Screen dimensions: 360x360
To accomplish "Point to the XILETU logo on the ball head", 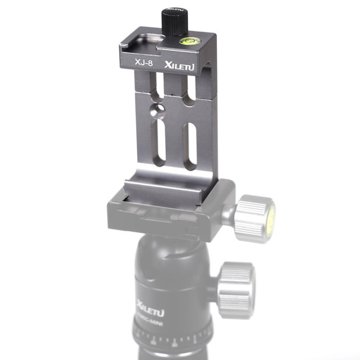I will (x=150, y=305).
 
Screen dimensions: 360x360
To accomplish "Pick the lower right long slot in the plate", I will (x=191, y=145).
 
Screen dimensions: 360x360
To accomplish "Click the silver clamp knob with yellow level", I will (x=254, y=217).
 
